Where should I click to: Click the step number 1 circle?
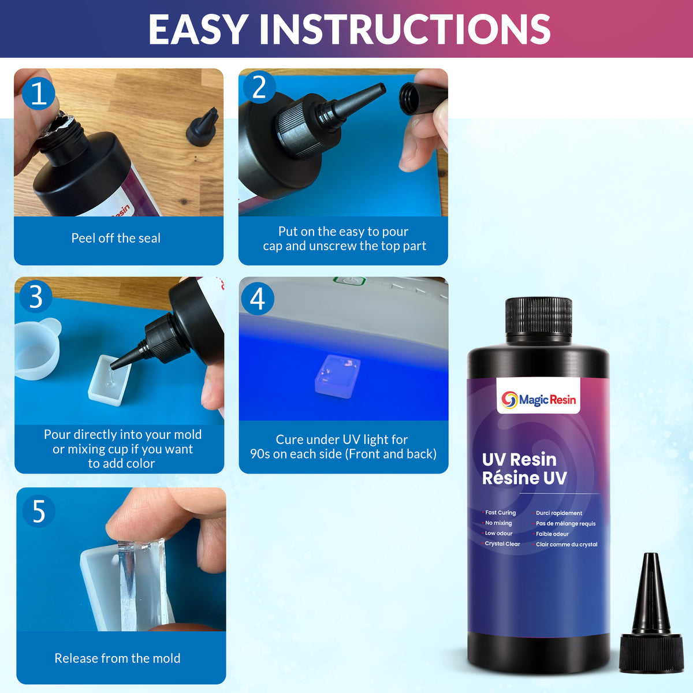click(x=38, y=94)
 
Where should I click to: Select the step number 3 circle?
click(x=36, y=297)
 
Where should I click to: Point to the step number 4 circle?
click(x=258, y=299)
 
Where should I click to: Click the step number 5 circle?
click(x=39, y=512)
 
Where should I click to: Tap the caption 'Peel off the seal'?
click(x=115, y=238)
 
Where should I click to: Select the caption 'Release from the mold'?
click(x=117, y=658)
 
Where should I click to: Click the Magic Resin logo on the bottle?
click(x=538, y=400)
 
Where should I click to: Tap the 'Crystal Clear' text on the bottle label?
click(x=502, y=544)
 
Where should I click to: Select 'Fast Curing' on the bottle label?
click(x=500, y=513)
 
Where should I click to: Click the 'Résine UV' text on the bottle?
click(x=524, y=478)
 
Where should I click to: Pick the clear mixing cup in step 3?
click(x=36, y=349)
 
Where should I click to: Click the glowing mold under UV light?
click(x=338, y=376)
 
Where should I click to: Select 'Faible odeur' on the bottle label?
click(x=552, y=534)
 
